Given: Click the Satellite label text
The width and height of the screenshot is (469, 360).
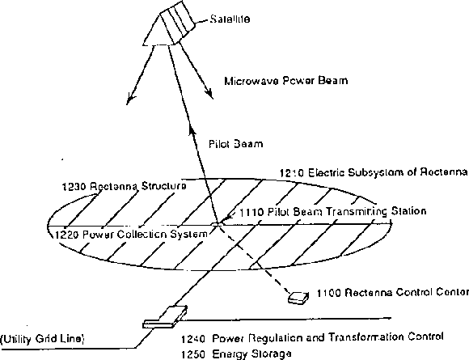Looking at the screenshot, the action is [x=230, y=19].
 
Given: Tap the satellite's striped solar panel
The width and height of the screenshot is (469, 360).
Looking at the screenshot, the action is [x=178, y=20].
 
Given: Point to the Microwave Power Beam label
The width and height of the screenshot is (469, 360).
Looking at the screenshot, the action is [x=286, y=81].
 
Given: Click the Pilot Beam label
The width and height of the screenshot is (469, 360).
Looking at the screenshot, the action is [x=235, y=144].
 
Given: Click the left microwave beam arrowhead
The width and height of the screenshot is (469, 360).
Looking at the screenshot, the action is [x=130, y=99].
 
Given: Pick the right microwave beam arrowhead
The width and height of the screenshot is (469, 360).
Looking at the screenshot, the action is [x=209, y=93].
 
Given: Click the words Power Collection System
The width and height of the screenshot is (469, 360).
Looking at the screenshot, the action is [x=145, y=235].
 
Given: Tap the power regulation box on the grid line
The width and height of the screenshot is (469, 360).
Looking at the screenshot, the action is [x=165, y=317].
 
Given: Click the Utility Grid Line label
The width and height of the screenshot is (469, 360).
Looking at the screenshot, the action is [x=42, y=339].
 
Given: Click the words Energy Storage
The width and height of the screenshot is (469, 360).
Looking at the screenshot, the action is [x=251, y=354].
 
